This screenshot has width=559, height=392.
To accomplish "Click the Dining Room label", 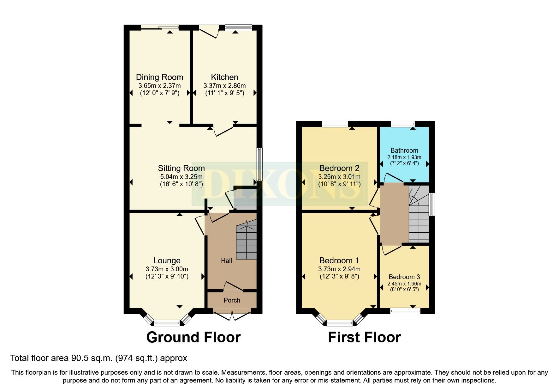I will (159, 77).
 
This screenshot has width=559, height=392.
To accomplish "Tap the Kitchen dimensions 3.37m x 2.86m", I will (224, 86).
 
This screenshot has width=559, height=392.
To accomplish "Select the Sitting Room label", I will (181, 168).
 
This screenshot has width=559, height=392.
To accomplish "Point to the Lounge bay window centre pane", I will (166, 323).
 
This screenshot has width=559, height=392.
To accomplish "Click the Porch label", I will (232, 300).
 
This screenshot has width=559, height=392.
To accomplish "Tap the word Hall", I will (226, 261).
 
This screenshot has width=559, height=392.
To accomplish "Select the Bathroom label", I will (404, 150).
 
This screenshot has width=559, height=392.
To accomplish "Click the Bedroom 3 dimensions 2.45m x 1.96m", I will (404, 284).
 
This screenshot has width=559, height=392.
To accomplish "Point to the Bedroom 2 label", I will (339, 168).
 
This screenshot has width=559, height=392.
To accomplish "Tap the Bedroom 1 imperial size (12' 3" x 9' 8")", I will (339, 276).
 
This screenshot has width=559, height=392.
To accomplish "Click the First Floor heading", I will (364, 337).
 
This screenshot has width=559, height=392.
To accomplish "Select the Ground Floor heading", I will (193, 337).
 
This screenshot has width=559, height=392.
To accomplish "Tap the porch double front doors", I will (232, 315).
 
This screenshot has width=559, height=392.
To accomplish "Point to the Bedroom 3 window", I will (405, 311).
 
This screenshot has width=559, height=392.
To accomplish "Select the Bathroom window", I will (402, 124).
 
